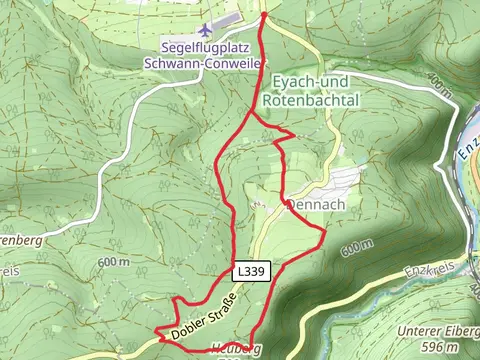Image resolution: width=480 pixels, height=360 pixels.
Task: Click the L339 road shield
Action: click(x=249, y=272)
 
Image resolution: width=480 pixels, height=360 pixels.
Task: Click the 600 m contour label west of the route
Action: click(x=114, y=262)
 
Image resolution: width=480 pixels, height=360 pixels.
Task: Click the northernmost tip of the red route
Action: click(x=263, y=15)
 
